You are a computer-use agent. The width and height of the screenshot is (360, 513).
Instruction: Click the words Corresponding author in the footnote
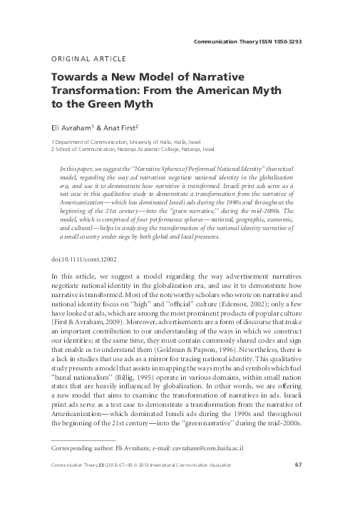(70, 470)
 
